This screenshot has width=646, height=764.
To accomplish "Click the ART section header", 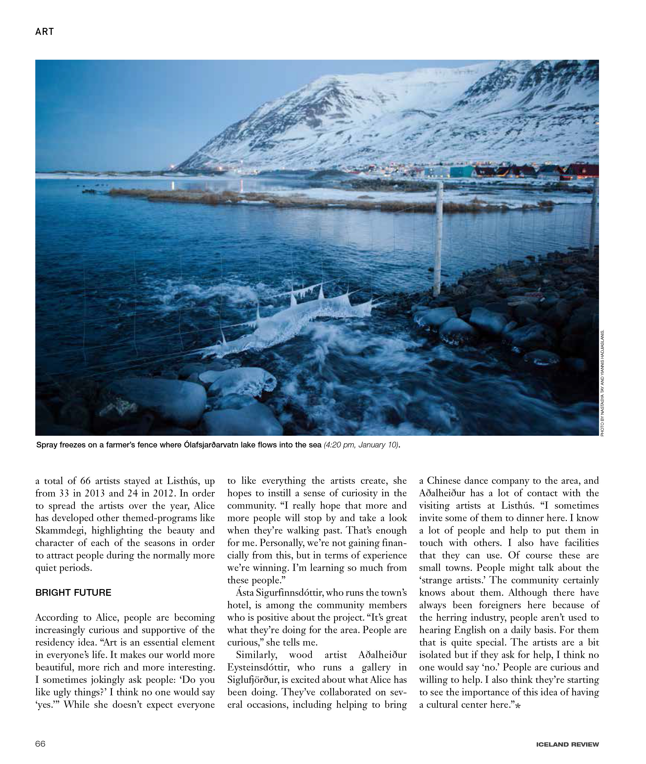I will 44,32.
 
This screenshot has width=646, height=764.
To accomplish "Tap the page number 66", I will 40,744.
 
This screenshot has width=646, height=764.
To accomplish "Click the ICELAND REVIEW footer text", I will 567,744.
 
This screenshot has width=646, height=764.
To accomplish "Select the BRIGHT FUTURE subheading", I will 73,593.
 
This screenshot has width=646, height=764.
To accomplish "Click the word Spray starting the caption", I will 46,445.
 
